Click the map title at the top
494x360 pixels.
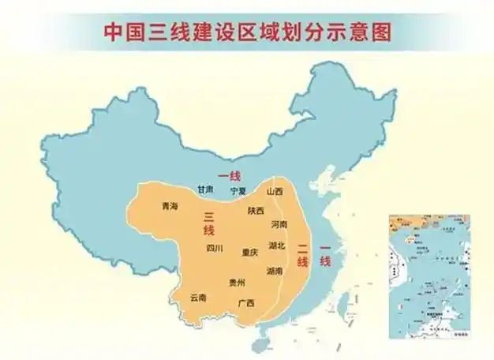point(247,32)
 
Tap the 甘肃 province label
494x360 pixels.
point(205,190)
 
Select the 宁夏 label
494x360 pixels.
point(238,191)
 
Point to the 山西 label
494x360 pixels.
point(275,192)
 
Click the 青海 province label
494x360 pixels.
point(170,206)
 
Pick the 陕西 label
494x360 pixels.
point(256,211)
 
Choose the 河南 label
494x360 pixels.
point(279,225)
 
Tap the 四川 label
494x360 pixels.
point(214,249)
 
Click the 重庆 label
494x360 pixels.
point(249,253)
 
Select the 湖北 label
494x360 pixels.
point(277,246)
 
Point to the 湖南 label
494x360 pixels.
point(275,271)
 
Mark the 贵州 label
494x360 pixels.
point(237,283)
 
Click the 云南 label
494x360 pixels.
point(198,298)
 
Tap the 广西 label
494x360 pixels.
point(246,303)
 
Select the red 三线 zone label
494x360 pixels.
point(209,223)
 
